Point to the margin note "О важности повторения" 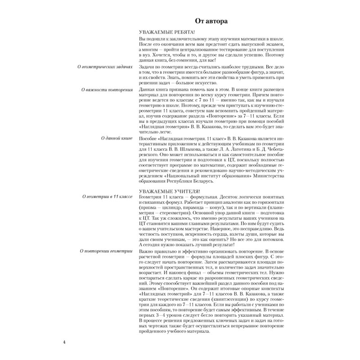click(x=108, y=90)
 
